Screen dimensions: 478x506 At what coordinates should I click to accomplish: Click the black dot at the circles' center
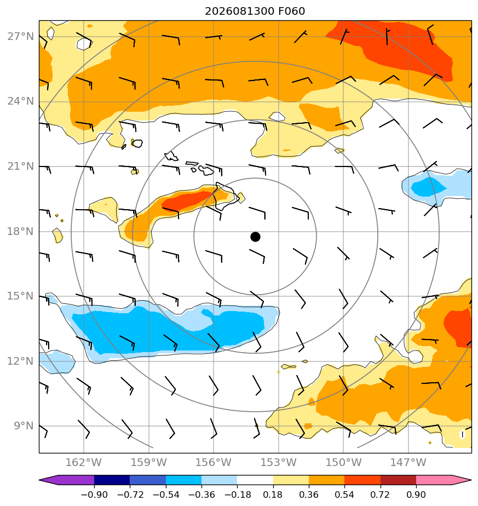pos(255,237)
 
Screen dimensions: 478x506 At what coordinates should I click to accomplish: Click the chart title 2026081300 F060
pos(255,12)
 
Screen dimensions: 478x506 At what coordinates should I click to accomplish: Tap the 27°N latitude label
pos(20,37)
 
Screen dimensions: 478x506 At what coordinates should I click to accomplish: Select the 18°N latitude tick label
pos(20,232)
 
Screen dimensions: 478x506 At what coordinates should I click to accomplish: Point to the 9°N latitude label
pos(24,426)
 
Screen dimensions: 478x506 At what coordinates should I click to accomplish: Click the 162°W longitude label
pos(84,462)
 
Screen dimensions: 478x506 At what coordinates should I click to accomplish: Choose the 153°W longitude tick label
pos(279,462)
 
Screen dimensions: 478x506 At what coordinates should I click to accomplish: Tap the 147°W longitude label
pos(408,462)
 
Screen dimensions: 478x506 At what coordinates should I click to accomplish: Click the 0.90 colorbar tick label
pos(416,495)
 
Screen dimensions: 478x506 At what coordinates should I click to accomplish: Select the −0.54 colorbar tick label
pos(166,495)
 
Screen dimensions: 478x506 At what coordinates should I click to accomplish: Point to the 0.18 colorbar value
pos(273,495)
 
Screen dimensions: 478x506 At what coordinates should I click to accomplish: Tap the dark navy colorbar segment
pos(112,480)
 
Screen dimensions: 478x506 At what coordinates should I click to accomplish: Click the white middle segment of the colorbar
pos(255,480)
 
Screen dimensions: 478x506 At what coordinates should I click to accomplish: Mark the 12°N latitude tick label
pos(20,361)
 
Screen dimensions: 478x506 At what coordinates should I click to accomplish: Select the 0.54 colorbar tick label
pos(344,495)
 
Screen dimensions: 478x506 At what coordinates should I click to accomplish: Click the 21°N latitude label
pos(20,166)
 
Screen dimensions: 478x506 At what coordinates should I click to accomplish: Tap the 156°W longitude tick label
pos(214,462)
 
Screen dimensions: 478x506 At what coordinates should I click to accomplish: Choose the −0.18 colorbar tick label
pos(237,495)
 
